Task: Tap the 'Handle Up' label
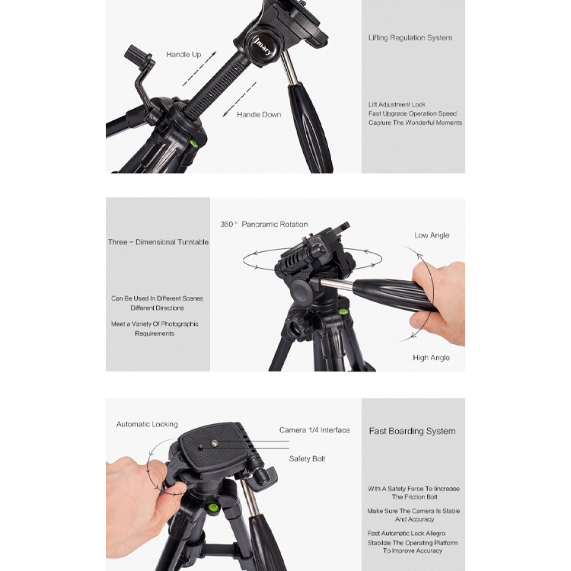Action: click(x=183, y=55)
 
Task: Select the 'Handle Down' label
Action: click(x=259, y=115)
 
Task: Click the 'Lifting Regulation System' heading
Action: click(x=410, y=38)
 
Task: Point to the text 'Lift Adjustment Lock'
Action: click(x=397, y=104)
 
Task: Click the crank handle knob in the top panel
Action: click(x=137, y=54)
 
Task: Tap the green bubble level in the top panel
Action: click(x=193, y=143)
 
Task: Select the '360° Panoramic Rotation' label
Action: click(x=264, y=225)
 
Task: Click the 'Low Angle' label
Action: click(x=432, y=235)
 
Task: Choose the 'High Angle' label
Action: click(x=431, y=358)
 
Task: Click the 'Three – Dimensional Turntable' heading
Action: click(x=158, y=242)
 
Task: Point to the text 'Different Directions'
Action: click(x=157, y=308)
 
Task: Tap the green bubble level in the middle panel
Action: click(x=343, y=311)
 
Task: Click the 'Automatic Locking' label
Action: click(x=147, y=424)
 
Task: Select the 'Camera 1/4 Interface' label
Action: click(x=314, y=430)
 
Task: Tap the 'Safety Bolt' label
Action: click(x=307, y=459)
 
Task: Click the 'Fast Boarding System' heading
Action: click(x=412, y=431)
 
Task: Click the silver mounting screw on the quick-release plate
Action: click(x=215, y=443)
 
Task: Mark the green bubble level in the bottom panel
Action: click(x=212, y=506)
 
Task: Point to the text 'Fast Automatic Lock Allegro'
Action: click(x=407, y=534)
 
